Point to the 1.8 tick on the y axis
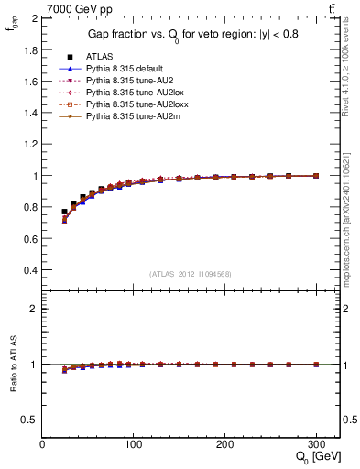click(x=30, y=49)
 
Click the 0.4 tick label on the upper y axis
click(x=30, y=271)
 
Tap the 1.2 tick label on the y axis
click(x=30, y=144)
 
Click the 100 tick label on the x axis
click(x=134, y=444)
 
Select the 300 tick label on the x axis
click(x=317, y=444)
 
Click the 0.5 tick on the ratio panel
click(x=30, y=420)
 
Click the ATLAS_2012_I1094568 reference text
click(x=191, y=274)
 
